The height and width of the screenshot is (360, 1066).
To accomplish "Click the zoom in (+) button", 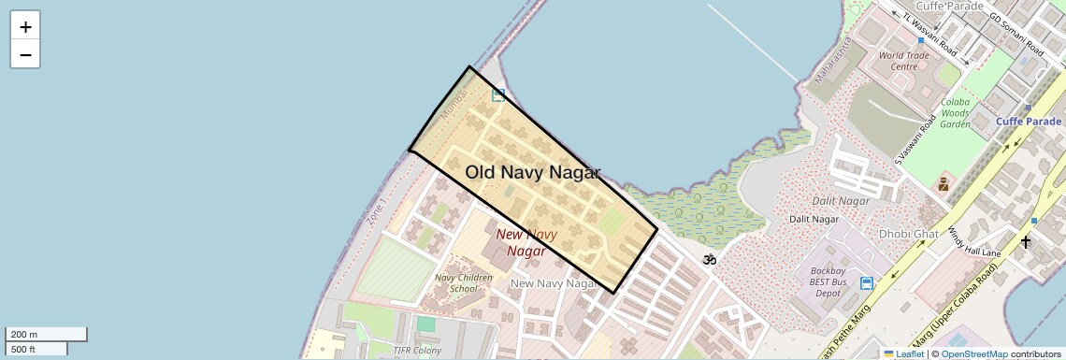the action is (25, 27).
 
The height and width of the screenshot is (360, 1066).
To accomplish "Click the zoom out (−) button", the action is (25, 55).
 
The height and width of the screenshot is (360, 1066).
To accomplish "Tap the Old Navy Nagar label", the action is (533, 172).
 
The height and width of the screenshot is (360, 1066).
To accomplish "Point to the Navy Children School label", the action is (463, 282).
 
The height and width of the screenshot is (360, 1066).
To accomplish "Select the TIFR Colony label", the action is (416, 351).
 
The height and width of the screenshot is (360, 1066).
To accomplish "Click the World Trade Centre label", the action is (904, 61).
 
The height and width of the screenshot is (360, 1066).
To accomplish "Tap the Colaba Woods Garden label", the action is (955, 112).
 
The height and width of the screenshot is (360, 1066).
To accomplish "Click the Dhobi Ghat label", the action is (908, 233).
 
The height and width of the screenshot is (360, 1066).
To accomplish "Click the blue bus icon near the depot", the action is (867, 283).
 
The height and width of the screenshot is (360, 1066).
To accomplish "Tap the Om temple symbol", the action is (710, 259).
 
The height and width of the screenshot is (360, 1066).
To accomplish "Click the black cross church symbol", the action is (1026, 242).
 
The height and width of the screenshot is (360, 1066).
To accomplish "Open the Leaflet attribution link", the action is (903, 354).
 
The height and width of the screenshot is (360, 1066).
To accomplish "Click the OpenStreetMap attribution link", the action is (973, 354).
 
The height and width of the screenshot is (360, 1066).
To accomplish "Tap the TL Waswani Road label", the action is (930, 34).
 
